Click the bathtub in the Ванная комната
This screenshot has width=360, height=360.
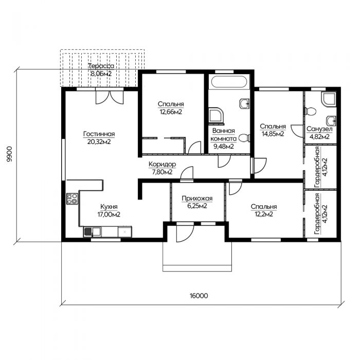[229, 81]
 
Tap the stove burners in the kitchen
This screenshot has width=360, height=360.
[73, 199]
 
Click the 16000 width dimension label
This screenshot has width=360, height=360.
[199, 296]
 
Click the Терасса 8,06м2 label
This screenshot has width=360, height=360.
[101, 70]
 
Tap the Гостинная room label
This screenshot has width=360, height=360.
[99, 134]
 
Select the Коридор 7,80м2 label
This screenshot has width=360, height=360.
[163, 168]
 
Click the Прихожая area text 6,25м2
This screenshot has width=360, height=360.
[197, 206]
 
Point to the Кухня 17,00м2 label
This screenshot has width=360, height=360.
[109, 210]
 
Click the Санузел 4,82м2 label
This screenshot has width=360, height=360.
[319, 133]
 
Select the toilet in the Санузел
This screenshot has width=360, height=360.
[310, 112]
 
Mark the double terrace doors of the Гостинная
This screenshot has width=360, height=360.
[110, 98]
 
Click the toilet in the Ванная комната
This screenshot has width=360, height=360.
[244, 138]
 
